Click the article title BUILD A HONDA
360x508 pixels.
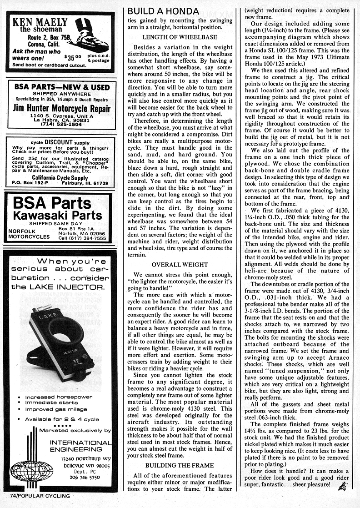163,10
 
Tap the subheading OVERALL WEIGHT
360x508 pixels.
180,264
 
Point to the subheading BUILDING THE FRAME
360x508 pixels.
180,465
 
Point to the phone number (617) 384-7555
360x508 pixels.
88,237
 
